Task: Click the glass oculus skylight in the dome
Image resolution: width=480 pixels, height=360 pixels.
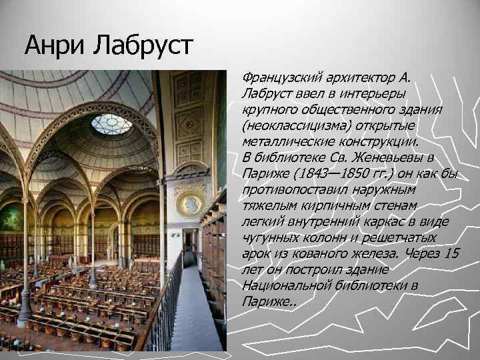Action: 111,124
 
